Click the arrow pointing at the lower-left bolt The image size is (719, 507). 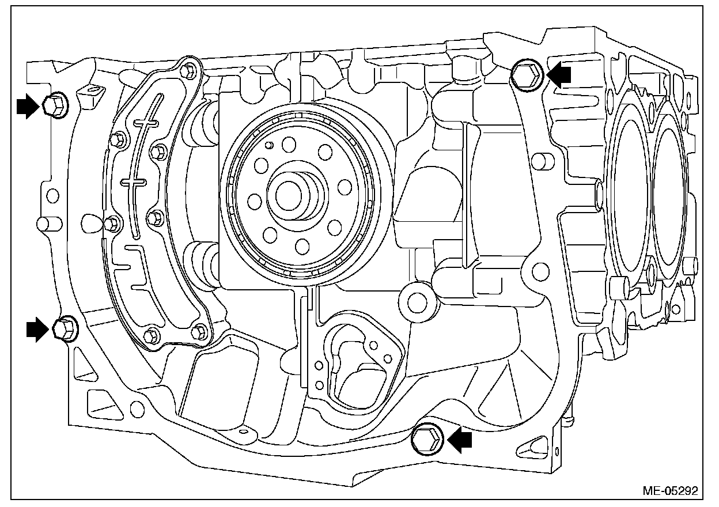pyautogui.click(x=37, y=329)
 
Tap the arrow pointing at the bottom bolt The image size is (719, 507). pyautogui.click(x=461, y=441)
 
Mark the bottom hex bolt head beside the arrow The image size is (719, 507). pyautogui.click(x=428, y=440)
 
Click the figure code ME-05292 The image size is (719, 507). pyautogui.click(x=670, y=491)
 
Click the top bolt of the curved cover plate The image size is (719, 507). pyautogui.click(x=186, y=71)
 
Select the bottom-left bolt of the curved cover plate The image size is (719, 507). pyautogui.click(x=151, y=334)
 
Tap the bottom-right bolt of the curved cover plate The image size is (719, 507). pyautogui.click(x=199, y=330)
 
